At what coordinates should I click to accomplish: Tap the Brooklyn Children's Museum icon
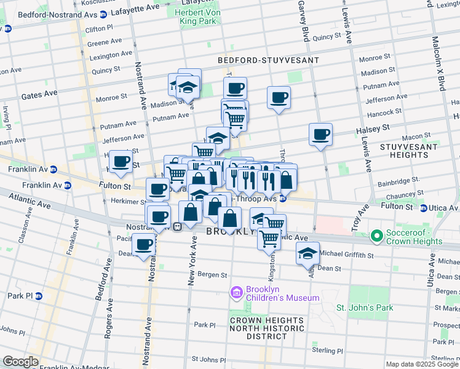click(x=236, y=293)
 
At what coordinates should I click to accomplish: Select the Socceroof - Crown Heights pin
click(x=378, y=236)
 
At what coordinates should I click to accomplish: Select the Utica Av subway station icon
click(x=424, y=208)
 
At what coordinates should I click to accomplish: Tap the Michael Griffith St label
click(x=346, y=254)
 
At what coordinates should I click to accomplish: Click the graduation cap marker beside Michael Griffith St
click(x=307, y=253)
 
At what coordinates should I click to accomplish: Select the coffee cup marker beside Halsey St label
click(x=320, y=134)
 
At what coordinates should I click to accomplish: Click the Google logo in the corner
click(x=20, y=362)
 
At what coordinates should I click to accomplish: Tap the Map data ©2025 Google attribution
click(x=422, y=364)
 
